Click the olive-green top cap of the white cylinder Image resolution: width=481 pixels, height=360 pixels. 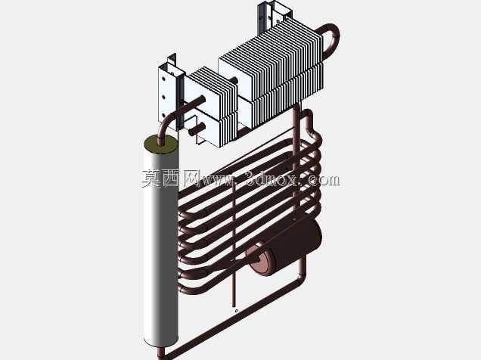tap(161, 144)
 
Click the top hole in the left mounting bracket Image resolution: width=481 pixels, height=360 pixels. tap(163, 79)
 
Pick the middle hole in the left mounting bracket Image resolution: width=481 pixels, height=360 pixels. tap(163, 98)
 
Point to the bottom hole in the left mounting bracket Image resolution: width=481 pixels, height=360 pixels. tap(163, 116)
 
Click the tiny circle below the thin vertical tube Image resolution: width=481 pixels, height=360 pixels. tap(236, 311)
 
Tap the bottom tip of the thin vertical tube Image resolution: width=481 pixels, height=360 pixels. tap(234, 305)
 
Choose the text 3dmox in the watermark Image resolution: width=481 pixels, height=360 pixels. tap(272, 179)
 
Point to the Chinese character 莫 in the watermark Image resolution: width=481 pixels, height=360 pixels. tap(151, 178)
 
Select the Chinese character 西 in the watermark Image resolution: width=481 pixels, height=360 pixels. tap(172, 178)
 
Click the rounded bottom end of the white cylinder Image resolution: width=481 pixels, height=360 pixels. tap(161, 342)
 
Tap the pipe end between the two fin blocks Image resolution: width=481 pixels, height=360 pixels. tap(234, 81)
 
